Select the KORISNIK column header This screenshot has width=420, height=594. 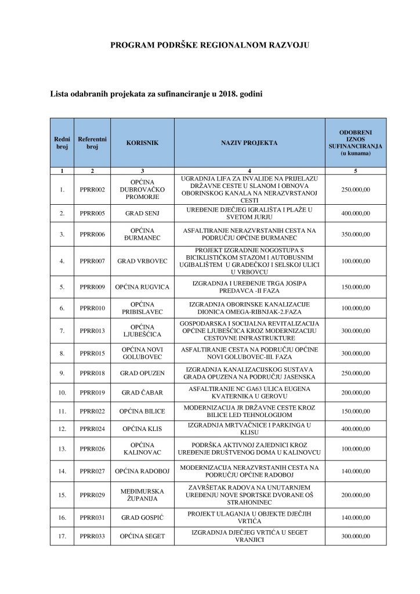click(142, 142)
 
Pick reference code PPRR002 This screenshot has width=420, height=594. click(92, 190)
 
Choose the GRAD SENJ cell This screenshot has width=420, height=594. click(142, 213)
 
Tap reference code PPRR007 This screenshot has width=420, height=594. click(92, 261)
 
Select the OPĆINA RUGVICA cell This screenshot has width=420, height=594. click(142, 287)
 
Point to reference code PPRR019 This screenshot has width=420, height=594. click(92, 393)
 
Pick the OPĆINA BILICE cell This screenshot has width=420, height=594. click(142, 411)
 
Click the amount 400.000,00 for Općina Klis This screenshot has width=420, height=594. click(356, 430)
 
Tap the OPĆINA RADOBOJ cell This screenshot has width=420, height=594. click(142, 471)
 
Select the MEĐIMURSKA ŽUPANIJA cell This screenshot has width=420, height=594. click(142, 494)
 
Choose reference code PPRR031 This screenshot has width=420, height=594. click(92, 517)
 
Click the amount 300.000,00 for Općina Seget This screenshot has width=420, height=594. click(356, 537)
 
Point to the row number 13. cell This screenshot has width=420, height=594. click(61, 450)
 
